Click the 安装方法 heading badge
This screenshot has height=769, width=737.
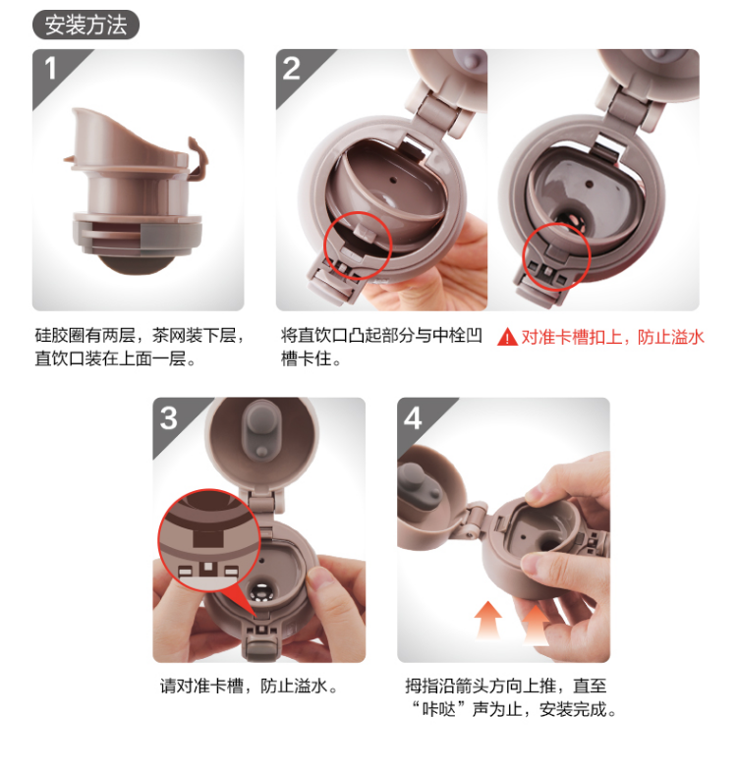(85, 25)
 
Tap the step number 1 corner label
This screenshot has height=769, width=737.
(50, 68)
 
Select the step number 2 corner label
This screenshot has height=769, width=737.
(292, 68)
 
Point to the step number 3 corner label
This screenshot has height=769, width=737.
(168, 417)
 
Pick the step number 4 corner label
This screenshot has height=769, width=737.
(413, 417)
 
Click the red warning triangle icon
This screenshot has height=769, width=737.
(507, 338)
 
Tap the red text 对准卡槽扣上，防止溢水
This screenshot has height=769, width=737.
(612, 337)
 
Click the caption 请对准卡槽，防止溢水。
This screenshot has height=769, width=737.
(250, 686)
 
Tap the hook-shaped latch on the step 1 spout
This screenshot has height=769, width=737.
(198, 159)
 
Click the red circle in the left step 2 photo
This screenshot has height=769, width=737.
(358, 246)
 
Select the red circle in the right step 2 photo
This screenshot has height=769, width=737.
(556, 256)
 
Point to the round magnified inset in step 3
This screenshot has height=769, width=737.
(208, 540)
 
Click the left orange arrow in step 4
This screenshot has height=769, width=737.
(488, 621)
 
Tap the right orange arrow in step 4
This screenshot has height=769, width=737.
(536, 625)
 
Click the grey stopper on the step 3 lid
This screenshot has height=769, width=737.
(261, 430)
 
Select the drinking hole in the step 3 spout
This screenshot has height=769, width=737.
(261, 591)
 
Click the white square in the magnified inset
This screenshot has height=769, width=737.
(208, 567)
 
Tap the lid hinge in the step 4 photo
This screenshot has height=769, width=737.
(475, 521)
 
